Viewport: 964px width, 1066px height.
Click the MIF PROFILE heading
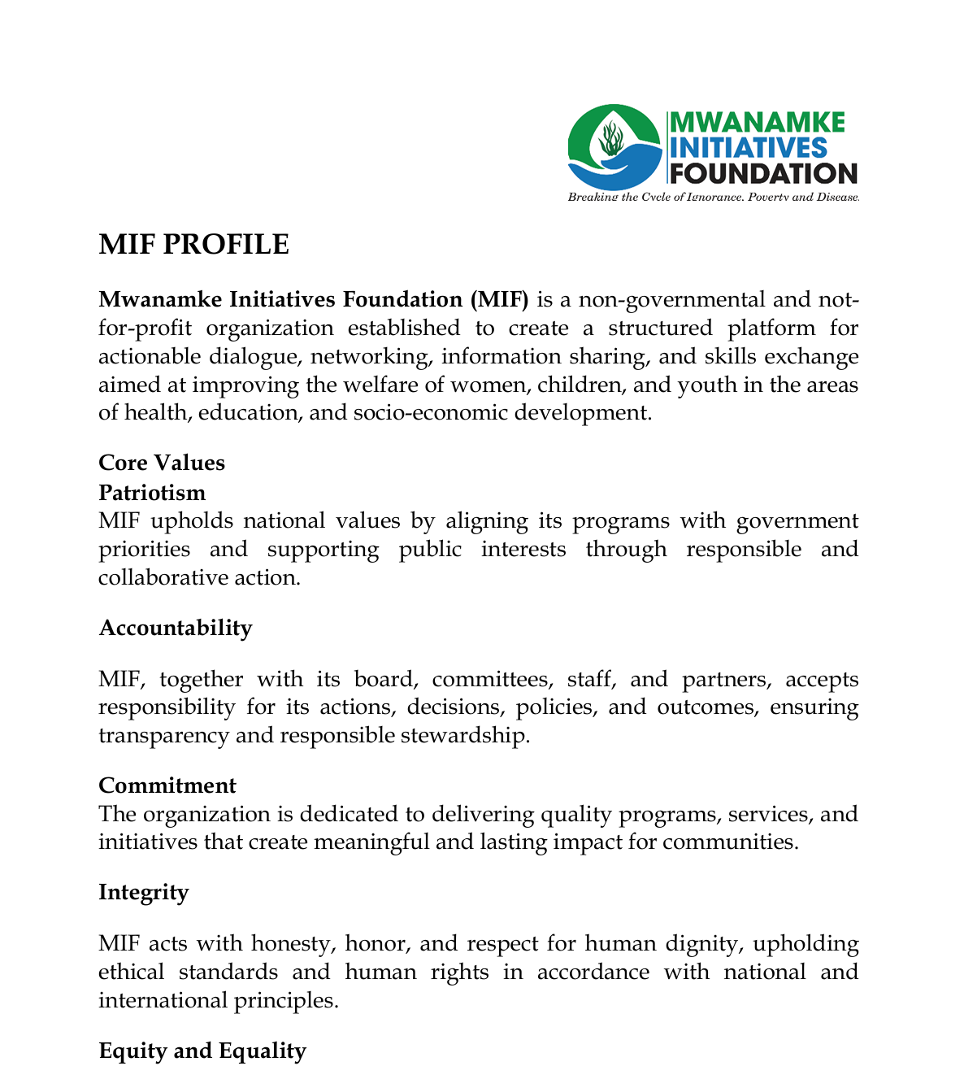[193, 245]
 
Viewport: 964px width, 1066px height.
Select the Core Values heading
[162, 463]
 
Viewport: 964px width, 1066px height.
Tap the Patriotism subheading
[152, 493]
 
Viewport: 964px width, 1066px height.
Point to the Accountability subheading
[175, 628]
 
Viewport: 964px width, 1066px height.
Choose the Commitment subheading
[167, 785]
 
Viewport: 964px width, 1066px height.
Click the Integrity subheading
[143, 892]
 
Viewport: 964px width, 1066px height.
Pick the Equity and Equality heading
[202, 1051]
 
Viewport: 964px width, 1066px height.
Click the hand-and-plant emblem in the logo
[615, 147]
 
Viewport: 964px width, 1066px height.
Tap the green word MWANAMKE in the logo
[756, 123]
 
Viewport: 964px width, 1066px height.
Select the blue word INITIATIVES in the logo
[748, 148]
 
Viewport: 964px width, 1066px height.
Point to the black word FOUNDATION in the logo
[764, 173]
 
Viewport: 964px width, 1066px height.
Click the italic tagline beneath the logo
[713, 198]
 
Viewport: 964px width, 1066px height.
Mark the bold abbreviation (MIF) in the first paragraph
[499, 299]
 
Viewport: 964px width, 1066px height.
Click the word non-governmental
[667, 299]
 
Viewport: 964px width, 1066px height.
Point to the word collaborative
[167, 577]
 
